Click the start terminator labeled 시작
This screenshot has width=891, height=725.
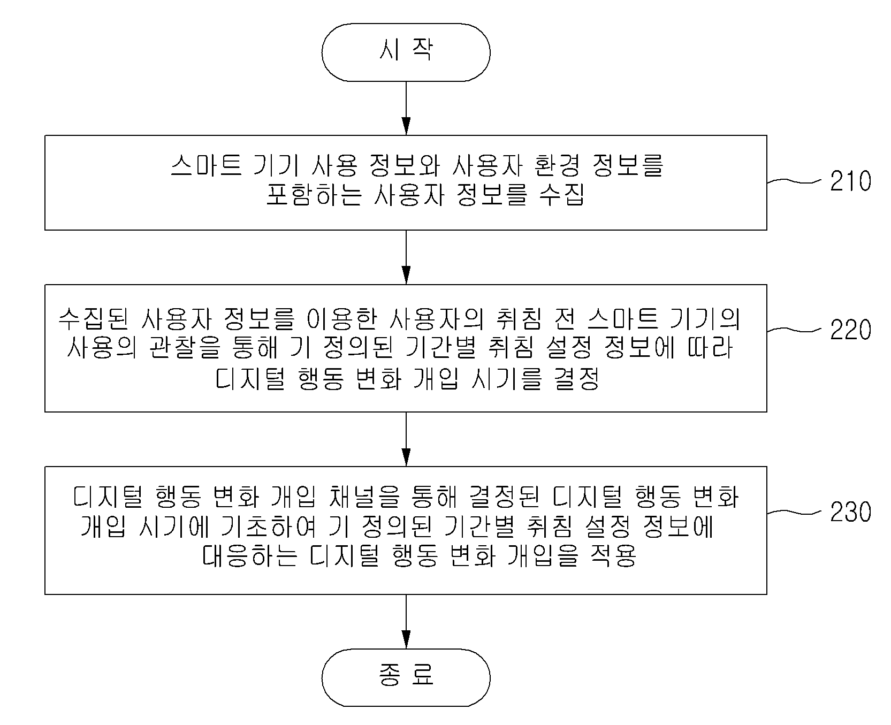[x=406, y=52]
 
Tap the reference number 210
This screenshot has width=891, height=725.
[x=851, y=182]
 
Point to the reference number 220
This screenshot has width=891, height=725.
[x=851, y=331]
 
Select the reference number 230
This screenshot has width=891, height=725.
[x=851, y=513]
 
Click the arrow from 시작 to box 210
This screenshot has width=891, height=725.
[x=406, y=108]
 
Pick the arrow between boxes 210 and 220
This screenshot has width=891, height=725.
[x=406, y=257]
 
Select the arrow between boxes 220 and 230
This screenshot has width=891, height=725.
[x=406, y=439]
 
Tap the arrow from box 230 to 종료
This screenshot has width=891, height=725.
[x=406, y=621]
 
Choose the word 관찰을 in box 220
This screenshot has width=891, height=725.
[x=180, y=349]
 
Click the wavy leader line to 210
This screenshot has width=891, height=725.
[x=794, y=181]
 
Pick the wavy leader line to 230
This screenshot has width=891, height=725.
[x=794, y=512]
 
